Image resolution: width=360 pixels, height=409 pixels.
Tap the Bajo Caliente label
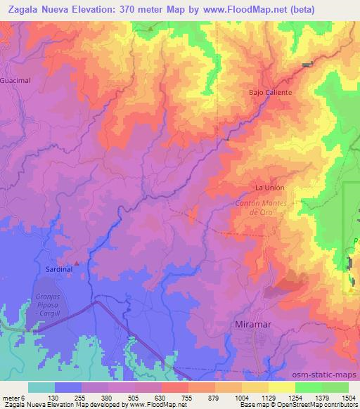[270, 92]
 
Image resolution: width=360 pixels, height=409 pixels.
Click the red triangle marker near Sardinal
[77, 264]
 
